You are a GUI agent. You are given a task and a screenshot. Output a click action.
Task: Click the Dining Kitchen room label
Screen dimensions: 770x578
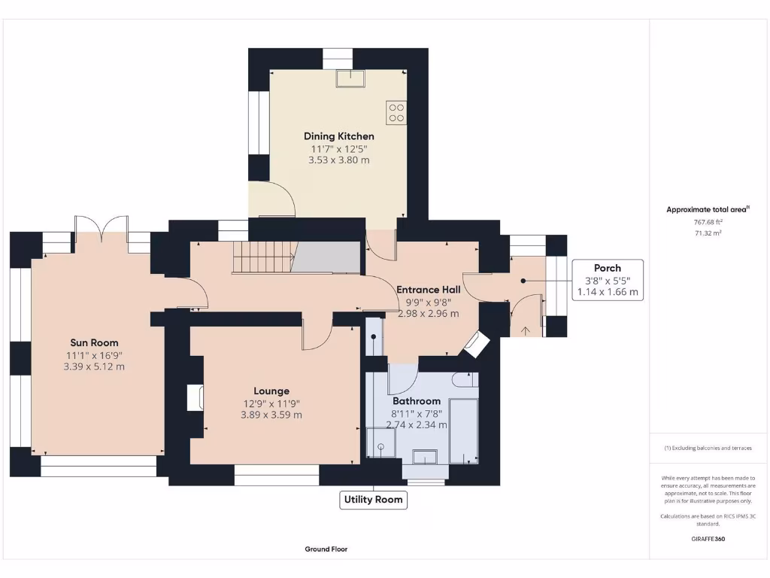tap(339, 136)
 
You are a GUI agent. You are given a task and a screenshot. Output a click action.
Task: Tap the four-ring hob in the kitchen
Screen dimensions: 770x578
tap(396, 113)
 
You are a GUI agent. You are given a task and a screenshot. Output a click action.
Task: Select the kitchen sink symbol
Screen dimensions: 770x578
tap(350, 78)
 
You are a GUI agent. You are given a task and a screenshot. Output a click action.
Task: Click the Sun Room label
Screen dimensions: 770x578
tap(94, 342)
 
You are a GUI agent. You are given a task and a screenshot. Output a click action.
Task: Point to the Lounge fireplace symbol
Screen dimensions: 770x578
tap(195, 397)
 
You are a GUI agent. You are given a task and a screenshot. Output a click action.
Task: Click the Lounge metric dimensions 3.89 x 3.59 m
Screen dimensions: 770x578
tap(271, 415)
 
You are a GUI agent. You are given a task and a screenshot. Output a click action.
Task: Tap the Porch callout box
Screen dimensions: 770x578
tap(608, 280)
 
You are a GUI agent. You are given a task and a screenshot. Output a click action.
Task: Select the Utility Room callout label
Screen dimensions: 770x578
tap(373, 500)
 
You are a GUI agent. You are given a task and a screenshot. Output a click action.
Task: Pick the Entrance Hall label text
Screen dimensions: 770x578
tap(428, 290)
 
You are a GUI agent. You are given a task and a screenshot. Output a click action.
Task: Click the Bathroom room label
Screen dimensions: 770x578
tap(417, 401)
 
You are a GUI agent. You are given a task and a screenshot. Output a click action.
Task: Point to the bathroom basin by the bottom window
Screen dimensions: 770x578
tap(426, 457)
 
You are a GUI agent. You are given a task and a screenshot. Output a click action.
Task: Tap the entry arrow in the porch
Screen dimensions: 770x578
tap(526, 331)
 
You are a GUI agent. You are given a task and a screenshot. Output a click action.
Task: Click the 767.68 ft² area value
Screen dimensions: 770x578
tap(708, 222)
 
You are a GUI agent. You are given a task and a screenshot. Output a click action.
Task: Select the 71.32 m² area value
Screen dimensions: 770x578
tap(708, 233)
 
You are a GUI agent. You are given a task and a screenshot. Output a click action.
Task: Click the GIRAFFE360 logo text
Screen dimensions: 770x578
tap(708, 539)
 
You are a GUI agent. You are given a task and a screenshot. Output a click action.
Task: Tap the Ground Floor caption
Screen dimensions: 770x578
tap(326, 549)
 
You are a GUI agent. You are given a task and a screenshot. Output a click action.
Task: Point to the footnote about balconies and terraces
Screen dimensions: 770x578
tap(708, 449)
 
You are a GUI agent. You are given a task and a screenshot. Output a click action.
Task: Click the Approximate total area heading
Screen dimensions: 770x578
tap(708, 209)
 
